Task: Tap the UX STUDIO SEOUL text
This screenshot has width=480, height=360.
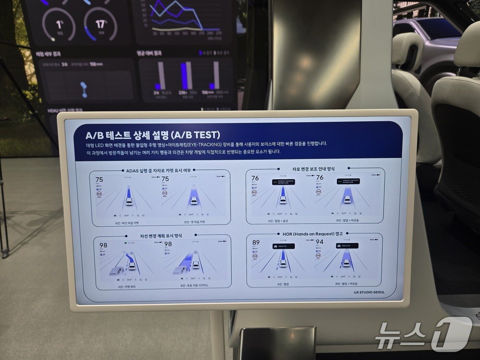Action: pos(369,292)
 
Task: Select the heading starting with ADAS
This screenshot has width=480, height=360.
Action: pos(158,170)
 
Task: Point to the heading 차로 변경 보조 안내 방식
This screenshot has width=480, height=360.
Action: pos(313,169)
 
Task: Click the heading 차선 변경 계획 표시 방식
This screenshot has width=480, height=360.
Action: pos(161,236)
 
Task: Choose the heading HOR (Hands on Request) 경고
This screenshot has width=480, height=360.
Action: pos(312,234)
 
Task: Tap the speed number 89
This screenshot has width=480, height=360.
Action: pos(256,242)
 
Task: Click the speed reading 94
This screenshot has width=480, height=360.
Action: pos(319,242)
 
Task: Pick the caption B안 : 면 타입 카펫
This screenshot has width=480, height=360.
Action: pos(194,222)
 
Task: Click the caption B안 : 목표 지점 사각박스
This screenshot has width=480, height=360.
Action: pos(194,285)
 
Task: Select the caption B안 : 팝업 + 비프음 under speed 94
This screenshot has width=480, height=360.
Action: pos(347,284)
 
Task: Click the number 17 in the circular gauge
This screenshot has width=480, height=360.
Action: pos(100,24)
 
